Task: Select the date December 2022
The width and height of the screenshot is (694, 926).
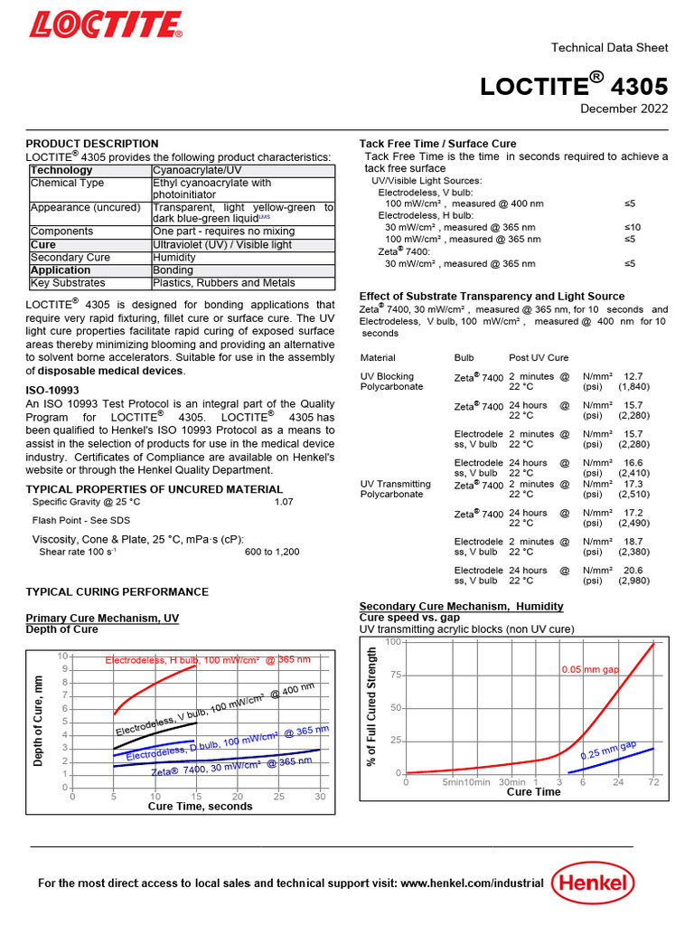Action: pos(624,109)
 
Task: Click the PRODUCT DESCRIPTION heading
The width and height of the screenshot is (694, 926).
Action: pos(91,144)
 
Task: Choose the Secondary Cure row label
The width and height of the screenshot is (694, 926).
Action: pos(70,258)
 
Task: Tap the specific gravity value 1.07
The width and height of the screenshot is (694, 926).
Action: pos(284,501)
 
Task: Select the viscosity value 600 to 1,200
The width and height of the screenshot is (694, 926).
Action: pos(272,552)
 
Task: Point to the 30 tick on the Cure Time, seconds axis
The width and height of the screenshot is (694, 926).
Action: pos(320,797)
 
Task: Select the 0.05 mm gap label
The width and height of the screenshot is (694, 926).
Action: pos(590,670)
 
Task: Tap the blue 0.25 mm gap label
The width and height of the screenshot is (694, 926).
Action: pos(608,750)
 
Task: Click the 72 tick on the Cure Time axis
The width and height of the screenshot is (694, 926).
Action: pos(653,782)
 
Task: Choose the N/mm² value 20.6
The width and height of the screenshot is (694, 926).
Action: pos(633,571)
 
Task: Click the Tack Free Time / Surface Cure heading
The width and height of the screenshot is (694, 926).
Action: pos(437,144)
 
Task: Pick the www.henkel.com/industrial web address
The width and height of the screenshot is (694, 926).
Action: pos(472,883)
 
